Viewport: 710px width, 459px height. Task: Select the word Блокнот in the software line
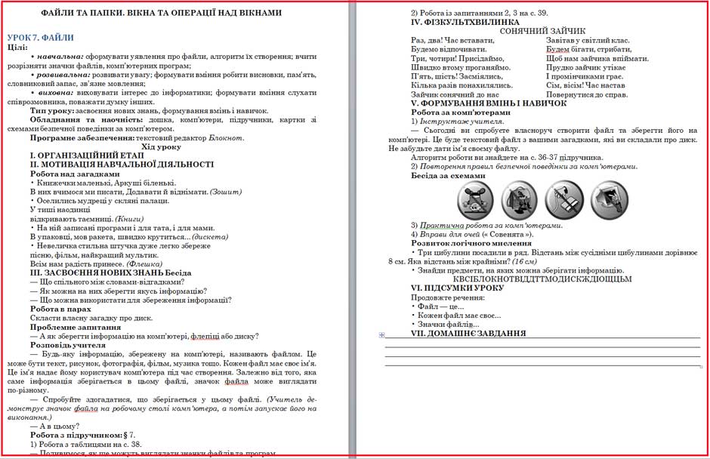point(227,137)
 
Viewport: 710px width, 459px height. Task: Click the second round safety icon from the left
point(519,199)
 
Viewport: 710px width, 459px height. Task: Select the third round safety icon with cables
point(563,199)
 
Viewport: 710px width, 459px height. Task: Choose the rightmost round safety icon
point(610,199)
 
